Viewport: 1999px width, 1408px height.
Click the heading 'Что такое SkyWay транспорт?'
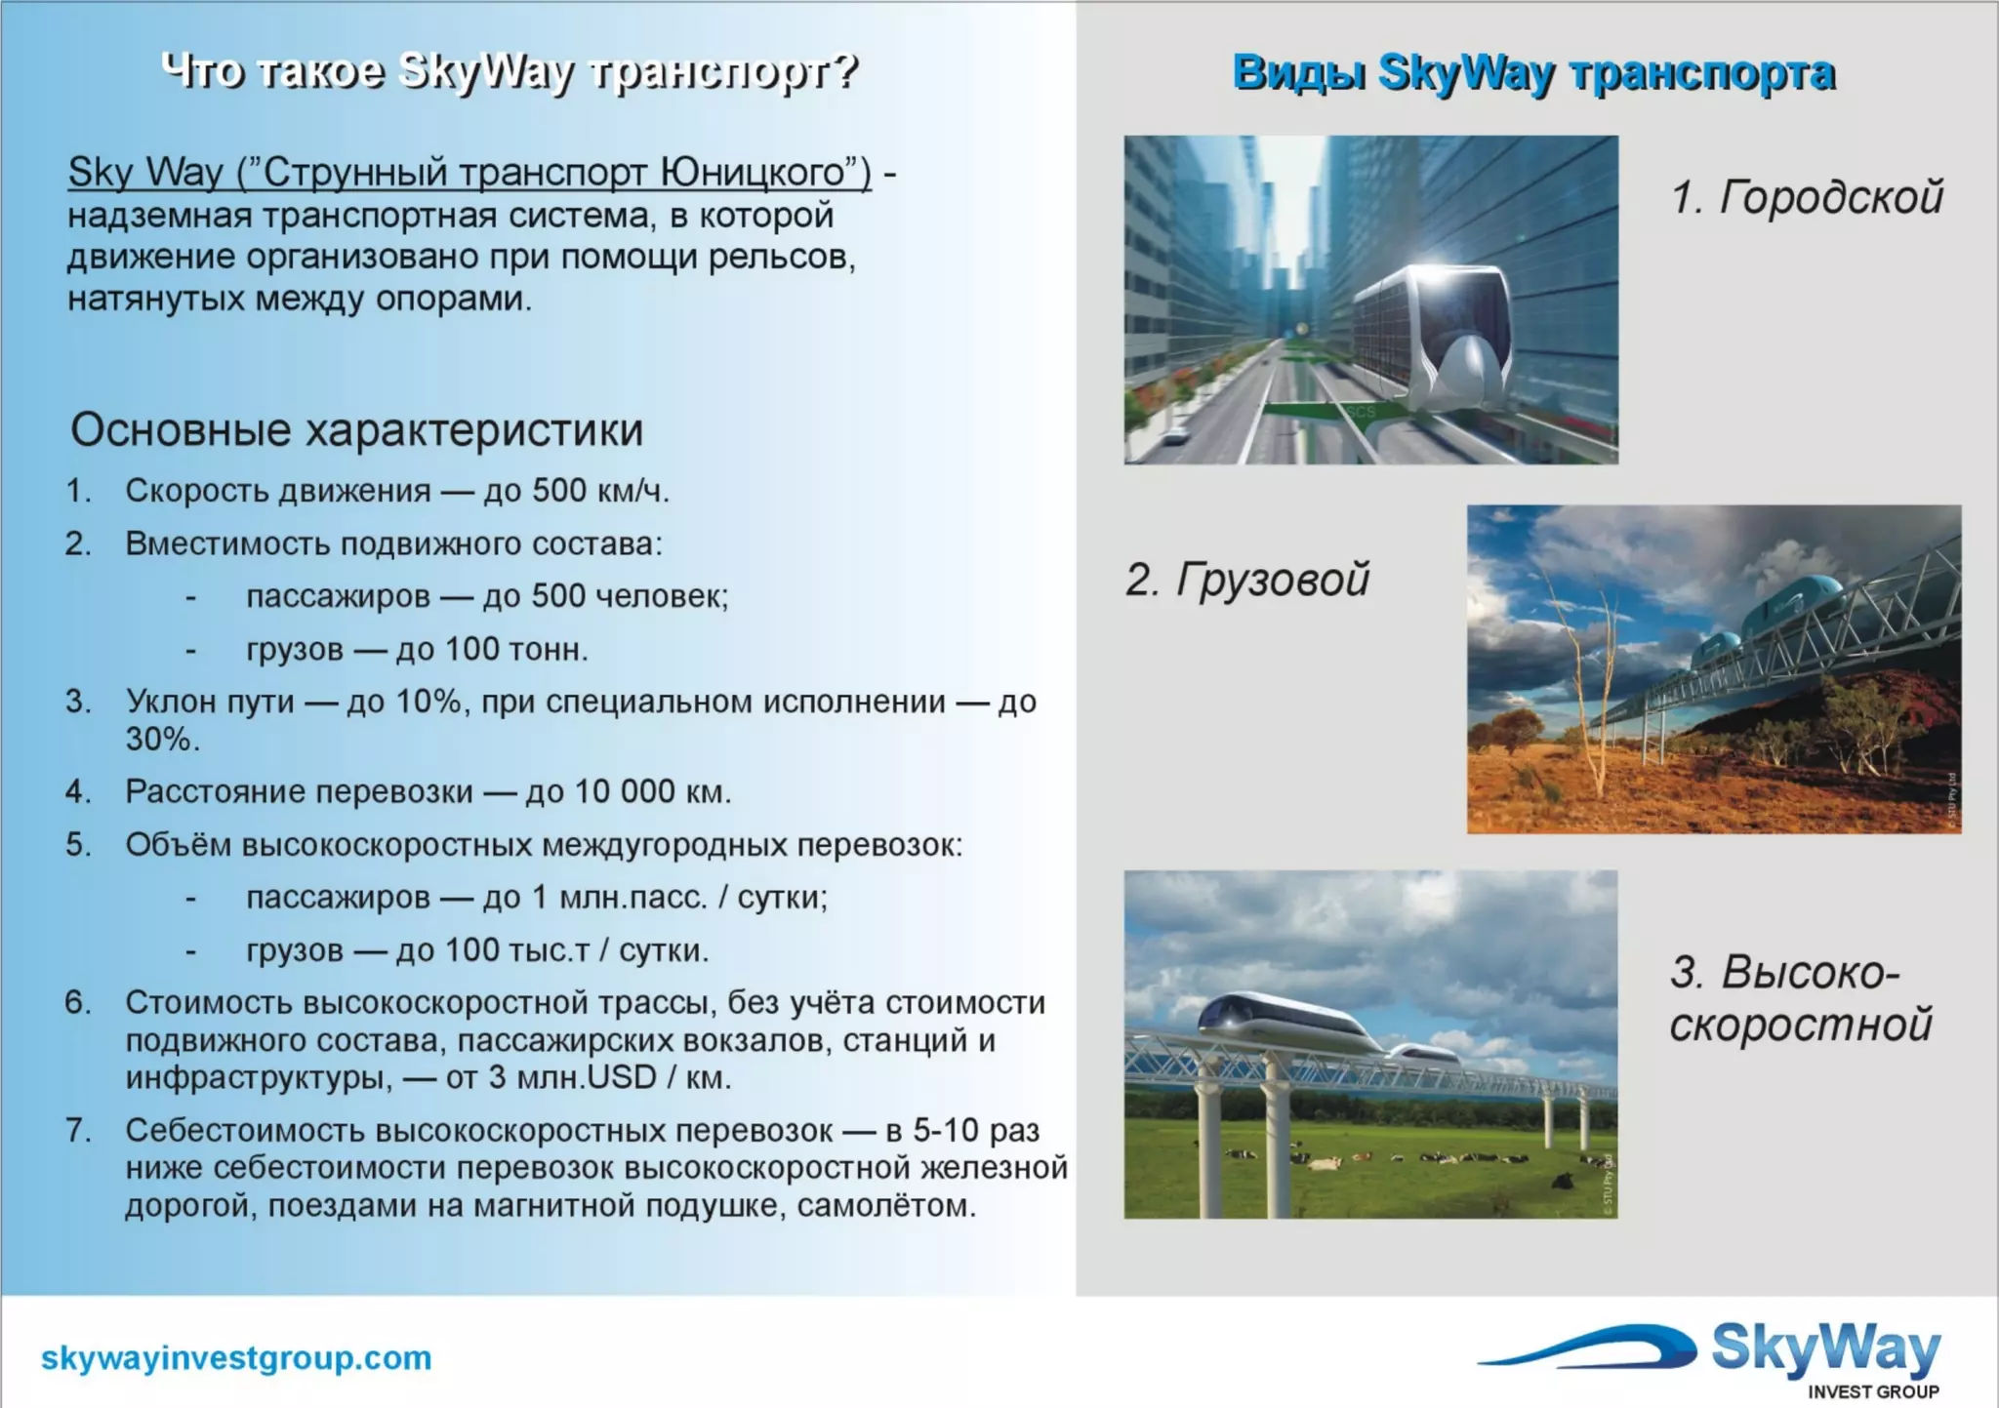pos(509,70)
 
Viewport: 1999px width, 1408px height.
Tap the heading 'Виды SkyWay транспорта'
pos(1532,72)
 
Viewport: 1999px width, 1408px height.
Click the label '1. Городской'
pos(1806,196)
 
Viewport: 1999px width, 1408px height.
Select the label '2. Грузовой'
pos(1246,579)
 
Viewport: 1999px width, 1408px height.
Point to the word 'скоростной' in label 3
pos(1800,1025)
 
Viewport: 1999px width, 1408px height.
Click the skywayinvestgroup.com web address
pos(236,1357)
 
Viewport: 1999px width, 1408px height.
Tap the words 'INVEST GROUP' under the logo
pos(1872,1391)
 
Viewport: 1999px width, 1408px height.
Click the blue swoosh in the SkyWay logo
pos(1591,1347)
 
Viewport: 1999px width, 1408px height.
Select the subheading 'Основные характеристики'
pos(356,429)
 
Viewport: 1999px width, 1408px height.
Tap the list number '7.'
pos(77,1130)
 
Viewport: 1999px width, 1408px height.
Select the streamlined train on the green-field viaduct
pos(1298,1020)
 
